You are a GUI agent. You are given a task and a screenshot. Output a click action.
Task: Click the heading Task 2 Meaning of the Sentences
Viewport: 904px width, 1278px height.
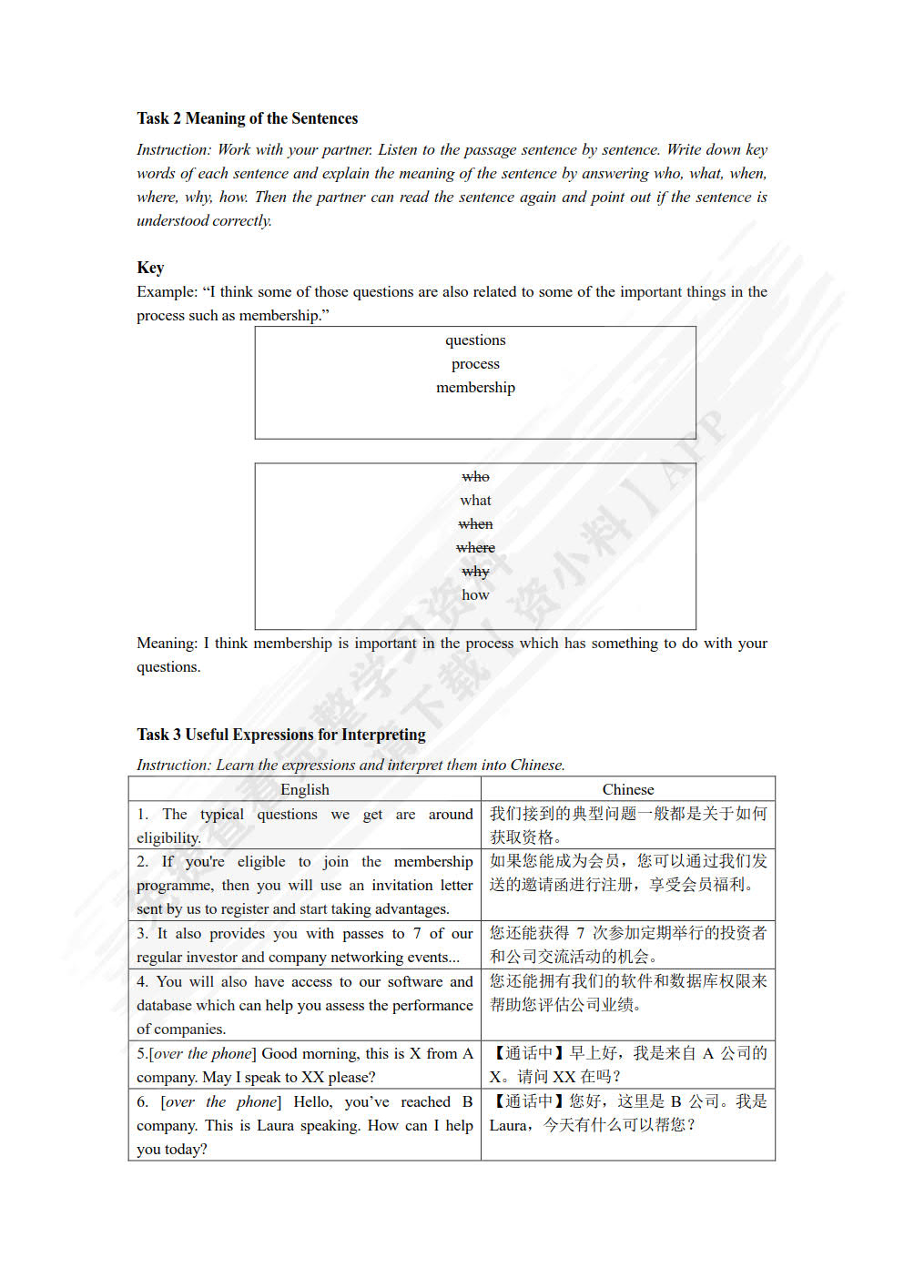(247, 118)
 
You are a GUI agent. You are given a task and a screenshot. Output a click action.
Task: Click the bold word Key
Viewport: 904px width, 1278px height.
(150, 268)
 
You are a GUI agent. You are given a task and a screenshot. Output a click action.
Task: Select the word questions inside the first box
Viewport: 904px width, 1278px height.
(475, 340)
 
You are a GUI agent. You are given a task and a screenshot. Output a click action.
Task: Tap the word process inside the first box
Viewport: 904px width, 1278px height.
(475, 364)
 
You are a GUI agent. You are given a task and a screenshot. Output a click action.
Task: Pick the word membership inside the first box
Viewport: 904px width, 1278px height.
(475, 388)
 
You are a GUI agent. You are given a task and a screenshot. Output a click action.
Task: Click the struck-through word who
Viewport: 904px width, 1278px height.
(475, 477)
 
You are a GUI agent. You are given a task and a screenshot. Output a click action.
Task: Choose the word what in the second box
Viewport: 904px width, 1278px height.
(475, 501)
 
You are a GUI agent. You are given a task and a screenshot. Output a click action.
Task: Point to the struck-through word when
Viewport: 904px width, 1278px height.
(475, 524)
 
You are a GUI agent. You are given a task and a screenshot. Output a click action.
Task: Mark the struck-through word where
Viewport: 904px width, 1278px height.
(475, 548)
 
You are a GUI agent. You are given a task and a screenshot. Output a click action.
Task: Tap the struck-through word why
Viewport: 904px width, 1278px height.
(475, 572)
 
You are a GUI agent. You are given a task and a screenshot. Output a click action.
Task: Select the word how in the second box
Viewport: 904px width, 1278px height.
(475, 595)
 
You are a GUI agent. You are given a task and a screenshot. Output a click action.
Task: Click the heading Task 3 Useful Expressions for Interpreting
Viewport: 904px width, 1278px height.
(281, 735)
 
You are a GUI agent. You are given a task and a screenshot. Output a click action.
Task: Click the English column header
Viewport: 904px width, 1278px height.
(305, 790)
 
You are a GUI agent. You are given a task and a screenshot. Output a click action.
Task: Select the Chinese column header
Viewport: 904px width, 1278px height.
(628, 790)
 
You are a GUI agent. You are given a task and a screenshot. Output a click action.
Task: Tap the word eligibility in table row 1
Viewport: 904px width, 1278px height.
(168, 838)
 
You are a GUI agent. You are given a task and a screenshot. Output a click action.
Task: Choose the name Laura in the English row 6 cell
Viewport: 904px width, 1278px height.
(275, 1126)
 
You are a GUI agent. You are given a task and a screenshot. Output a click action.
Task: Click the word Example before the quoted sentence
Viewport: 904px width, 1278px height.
(167, 292)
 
